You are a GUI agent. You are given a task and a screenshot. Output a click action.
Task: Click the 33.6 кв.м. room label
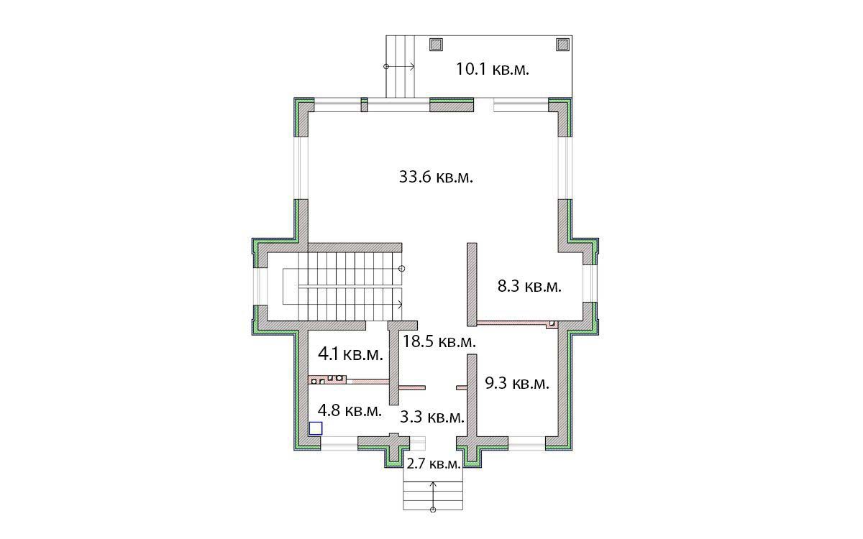[x=436, y=178]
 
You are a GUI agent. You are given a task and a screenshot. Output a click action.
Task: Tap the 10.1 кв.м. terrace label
[x=493, y=69]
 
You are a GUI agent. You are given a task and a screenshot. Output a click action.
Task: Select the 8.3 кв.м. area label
[x=529, y=287]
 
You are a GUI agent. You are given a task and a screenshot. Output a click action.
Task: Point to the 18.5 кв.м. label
[x=439, y=341]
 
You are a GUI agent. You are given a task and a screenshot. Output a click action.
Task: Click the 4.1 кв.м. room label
[x=350, y=354]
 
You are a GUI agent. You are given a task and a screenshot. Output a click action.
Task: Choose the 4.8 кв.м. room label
[x=350, y=410]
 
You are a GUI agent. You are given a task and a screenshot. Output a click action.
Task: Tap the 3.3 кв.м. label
[x=432, y=417]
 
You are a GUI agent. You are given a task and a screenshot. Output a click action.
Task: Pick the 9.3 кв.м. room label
[x=517, y=384]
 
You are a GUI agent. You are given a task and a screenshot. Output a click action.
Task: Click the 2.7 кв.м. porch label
[x=434, y=464]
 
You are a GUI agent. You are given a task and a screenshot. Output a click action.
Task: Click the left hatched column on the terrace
[x=436, y=45]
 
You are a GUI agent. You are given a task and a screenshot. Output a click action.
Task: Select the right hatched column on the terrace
[x=563, y=45]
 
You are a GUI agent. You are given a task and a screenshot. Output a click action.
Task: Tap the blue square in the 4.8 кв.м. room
[x=316, y=428]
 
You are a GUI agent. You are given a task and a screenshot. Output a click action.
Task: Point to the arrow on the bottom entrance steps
[x=433, y=495]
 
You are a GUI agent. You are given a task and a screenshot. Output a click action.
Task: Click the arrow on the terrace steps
[x=400, y=67]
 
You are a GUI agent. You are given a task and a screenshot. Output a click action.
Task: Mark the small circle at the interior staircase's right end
[x=402, y=269]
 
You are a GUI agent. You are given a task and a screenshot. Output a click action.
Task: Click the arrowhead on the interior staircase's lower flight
[x=401, y=305]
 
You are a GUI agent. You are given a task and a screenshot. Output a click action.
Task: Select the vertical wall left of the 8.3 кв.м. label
[x=472, y=284]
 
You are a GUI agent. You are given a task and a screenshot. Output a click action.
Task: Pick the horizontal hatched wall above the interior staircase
[x=355, y=247]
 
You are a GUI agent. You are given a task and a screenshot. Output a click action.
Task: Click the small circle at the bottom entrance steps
[x=433, y=510]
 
